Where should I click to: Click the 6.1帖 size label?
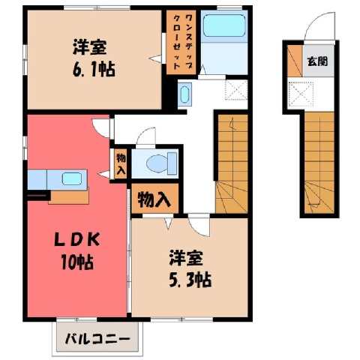(94, 70)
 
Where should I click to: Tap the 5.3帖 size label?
(190, 280)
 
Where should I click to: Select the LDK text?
(77, 240)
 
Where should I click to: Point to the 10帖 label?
(77, 262)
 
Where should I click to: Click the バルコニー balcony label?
(97, 339)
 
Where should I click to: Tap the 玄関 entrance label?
(317, 61)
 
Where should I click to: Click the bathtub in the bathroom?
(224, 25)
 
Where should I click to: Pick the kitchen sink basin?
(72, 179)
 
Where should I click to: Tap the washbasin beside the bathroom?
(184, 94)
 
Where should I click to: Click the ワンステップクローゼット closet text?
(181, 42)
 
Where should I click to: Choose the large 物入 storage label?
(154, 199)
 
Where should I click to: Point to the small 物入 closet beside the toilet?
(121, 164)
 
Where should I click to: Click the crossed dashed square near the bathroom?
(236, 90)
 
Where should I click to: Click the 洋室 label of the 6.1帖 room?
(90, 47)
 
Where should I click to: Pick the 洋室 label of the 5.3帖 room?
(186, 258)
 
